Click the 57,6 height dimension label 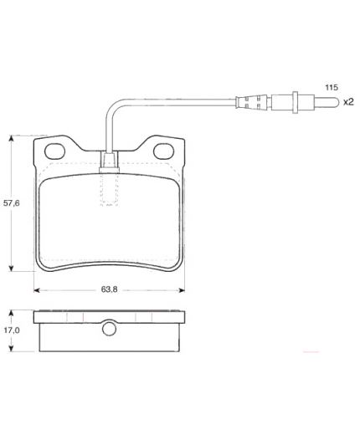(x=12, y=203)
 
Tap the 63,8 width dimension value (x=109, y=289)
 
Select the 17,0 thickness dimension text (x=12, y=330)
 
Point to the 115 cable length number (x=332, y=87)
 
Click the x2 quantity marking (x=348, y=102)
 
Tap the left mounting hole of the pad (x=54, y=151)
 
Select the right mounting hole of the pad (x=163, y=151)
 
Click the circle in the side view (x=109, y=329)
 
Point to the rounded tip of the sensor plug (x=337, y=102)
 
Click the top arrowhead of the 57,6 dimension (x=11, y=138)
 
